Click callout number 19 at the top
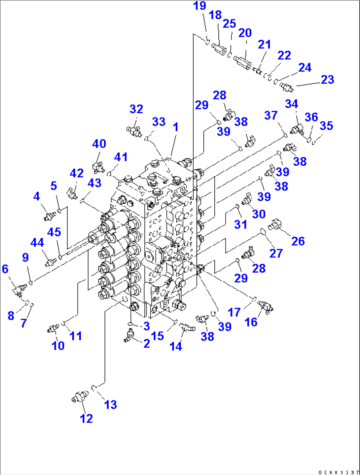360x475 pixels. pos(199,6)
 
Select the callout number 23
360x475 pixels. pos(327,80)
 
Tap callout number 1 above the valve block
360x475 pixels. pos(175,127)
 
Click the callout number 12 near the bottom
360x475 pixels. pos(86,419)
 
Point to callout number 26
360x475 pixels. pos(298,241)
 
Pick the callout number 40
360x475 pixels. pos(99,144)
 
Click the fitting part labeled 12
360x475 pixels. pos(80,396)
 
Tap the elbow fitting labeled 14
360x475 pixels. pos(187,327)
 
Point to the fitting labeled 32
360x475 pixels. pos(134,131)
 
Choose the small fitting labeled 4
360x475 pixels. pos(50,216)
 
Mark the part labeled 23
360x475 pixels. pos(286,87)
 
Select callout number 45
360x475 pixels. pos(54,232)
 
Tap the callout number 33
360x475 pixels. pos(159,121)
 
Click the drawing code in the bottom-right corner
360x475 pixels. pos(339,472)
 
